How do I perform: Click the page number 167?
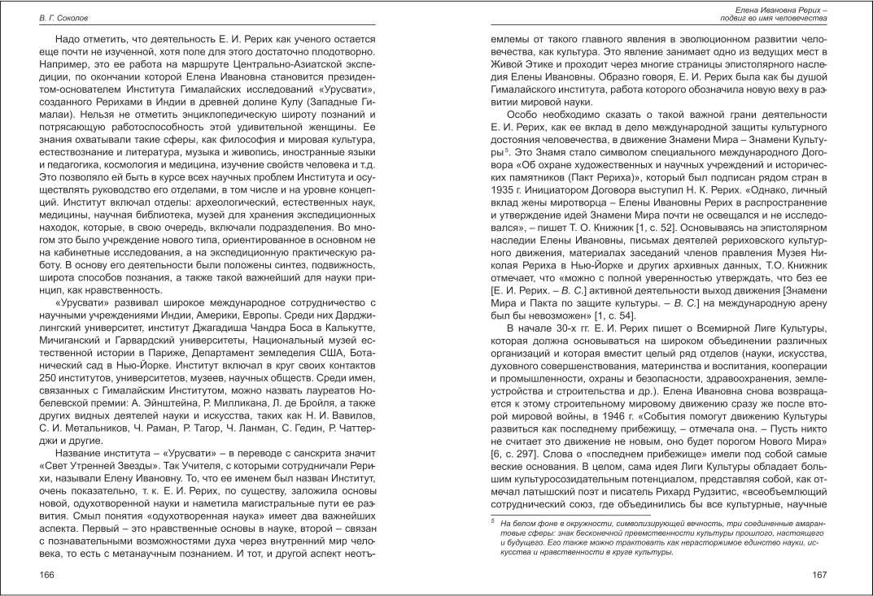click(x=819, y=575)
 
